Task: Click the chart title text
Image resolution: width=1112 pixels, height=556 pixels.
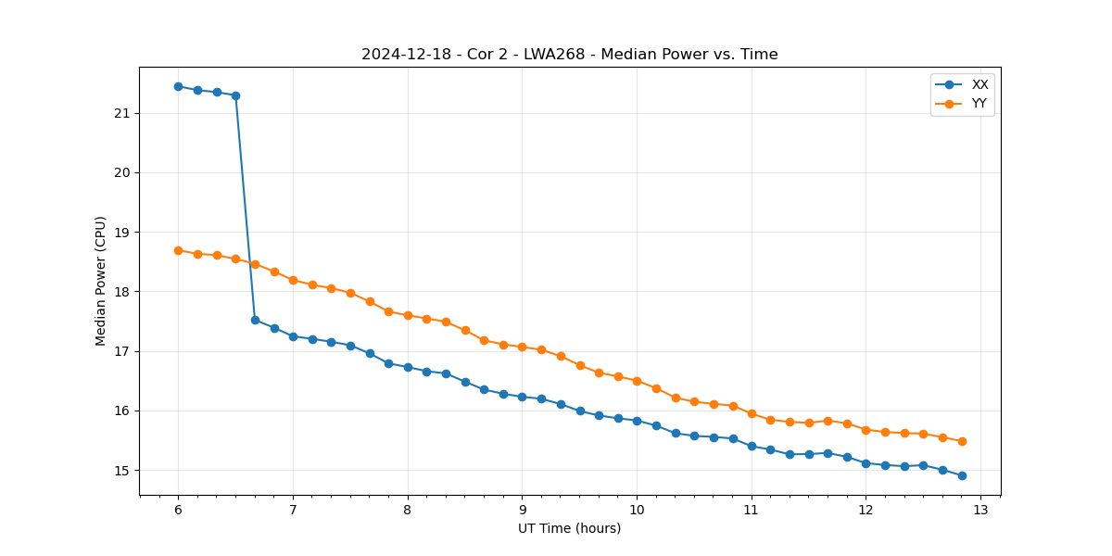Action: click(569, 55)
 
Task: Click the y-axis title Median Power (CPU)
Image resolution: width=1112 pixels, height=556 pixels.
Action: click(101, 281)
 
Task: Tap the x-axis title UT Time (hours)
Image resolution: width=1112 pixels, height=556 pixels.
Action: click(569, 528)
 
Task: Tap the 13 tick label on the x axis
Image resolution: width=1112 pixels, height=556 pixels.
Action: click(980, 511)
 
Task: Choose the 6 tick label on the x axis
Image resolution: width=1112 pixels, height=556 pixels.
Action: click(178, 511)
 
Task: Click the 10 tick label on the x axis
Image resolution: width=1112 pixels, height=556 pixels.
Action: click(637, 511)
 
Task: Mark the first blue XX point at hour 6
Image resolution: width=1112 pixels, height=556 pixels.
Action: click(178, 86)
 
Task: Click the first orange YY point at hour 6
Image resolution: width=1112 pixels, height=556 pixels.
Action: click(178, 250)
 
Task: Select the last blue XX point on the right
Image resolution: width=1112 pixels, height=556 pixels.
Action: click(962, 475)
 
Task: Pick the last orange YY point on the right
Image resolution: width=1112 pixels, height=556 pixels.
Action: click(962, 441)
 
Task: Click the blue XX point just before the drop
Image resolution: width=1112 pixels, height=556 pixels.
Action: click(235, 95)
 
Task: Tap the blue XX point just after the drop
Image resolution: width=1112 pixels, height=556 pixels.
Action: click(255, 320)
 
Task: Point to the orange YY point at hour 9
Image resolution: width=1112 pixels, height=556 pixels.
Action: click(522, 347)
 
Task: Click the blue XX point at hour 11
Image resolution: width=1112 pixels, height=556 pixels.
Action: click(752, 446)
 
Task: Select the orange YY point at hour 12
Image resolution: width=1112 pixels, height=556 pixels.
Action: click(866, 430)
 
